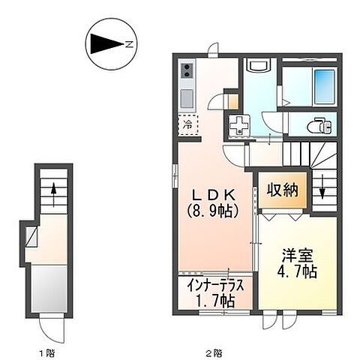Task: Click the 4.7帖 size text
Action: [x=295, y=271]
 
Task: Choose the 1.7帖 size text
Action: [x=215, y=302]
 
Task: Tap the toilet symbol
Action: [x=318, y=124]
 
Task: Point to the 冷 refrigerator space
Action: [x=186, y=124]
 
